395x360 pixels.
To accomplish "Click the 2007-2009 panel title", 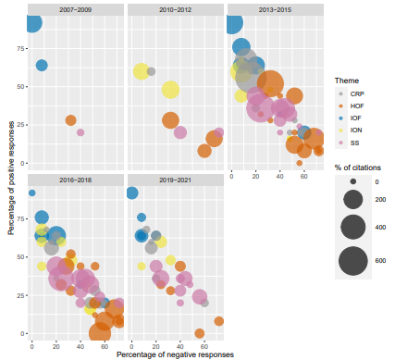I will [x=75, y=9].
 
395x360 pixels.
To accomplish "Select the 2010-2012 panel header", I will [x=174, y=9].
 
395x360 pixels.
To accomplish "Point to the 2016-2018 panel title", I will [x=75, y=179].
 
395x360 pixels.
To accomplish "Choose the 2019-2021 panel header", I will [x=174, y=179].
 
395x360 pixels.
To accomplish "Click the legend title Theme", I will [x=347, y=81].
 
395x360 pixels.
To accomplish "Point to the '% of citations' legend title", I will [x=359, y=167].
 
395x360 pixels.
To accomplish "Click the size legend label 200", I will [x=380, y=200].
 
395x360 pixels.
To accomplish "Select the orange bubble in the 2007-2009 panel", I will [x=71, y=120].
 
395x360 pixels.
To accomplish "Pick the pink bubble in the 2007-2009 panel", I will [x=80, y=132].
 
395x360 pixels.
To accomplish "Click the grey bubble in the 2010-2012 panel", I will [x=151, y=71].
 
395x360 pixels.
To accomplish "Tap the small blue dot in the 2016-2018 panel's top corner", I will [x=32, y=193].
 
